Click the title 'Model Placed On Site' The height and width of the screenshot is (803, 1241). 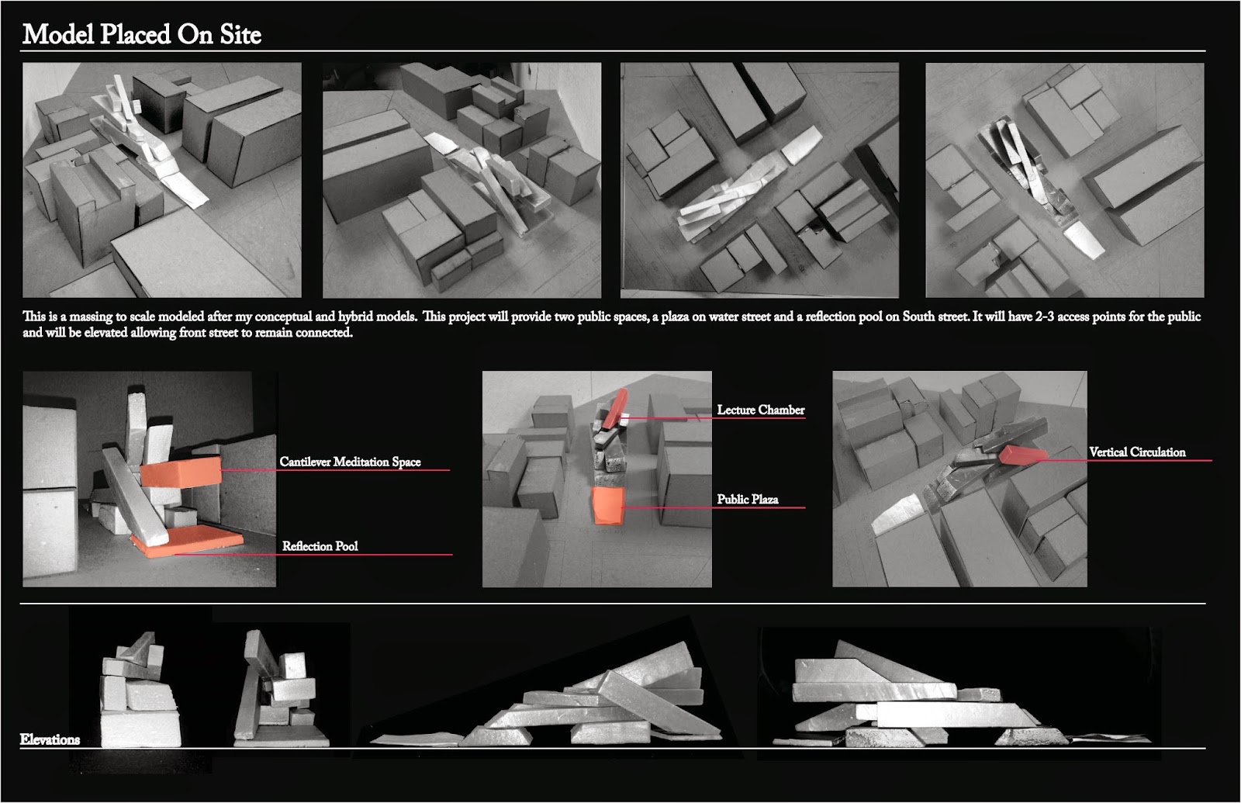pyautogui.click(x=141, y=34)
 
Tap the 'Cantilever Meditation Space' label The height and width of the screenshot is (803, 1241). pyautogui.click(x=350, y=462)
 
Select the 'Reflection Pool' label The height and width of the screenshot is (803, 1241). pyautogui.click(x=320, y=546)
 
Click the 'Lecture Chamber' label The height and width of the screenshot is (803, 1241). pyautogui.click(x=760, y=410)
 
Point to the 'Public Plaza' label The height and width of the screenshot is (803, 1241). pyautogui.click(x=747, y=499)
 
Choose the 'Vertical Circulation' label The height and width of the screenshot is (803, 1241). pyautogui.click(x=1136, y=452)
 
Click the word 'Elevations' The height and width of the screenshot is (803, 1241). pyautogui.click(x=50, y=739)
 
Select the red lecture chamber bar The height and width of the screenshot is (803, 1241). pyautogui.click(x=616, y=407)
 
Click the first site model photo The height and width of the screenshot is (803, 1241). pyautogui.click(x=161, y=180)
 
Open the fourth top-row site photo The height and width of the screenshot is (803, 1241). pyautogui.click(x=1064, y=180)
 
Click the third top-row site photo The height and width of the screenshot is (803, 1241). pyautogui.click(x=759, y=180)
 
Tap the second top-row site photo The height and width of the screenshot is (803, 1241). pyautogui.click(x=461, y=180)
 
